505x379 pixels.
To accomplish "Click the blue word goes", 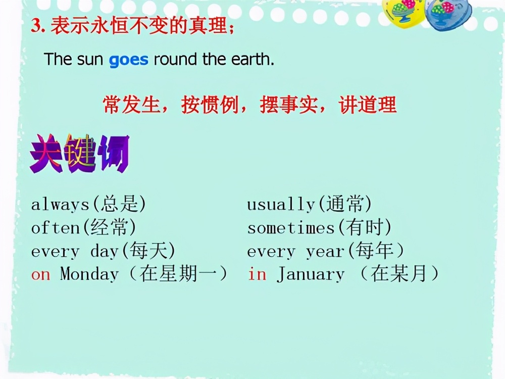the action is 128,60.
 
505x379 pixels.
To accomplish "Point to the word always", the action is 60,205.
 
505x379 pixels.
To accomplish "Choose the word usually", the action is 281,205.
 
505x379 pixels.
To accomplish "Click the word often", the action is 56,228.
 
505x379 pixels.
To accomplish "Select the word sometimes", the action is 291,228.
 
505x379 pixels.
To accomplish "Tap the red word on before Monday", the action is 40,275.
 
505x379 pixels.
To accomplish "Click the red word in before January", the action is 257,274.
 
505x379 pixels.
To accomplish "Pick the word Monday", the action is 89,274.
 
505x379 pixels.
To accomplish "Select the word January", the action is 311,274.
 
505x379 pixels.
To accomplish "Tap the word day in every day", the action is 105,251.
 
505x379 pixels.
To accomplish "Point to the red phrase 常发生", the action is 132,105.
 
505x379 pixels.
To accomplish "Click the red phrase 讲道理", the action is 368,105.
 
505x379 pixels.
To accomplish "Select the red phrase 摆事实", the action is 289,105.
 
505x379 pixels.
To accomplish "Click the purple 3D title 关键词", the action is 80,154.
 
